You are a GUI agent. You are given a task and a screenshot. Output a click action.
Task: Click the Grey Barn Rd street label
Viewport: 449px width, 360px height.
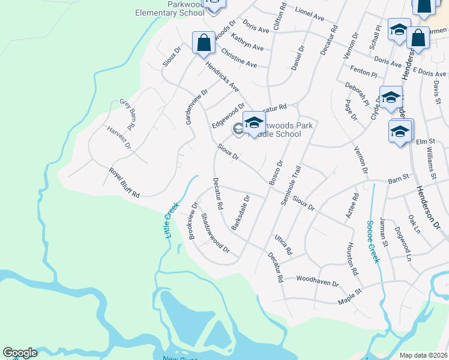pos(128,115)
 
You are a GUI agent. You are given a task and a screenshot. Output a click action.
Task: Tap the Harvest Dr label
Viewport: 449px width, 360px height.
pos(119,137)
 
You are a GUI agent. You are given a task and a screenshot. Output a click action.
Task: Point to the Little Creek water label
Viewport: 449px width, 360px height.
pos(172,218)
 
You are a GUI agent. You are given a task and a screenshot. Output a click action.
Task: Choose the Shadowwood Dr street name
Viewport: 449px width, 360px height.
pos(215,233)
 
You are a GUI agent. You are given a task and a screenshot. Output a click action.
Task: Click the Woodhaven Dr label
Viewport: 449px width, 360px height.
pos(318,280)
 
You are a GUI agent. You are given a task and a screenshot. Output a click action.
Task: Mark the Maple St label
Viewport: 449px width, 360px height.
pos(351,294)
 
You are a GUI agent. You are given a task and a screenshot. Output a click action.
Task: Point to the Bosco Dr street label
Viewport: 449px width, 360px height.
pos(276,172)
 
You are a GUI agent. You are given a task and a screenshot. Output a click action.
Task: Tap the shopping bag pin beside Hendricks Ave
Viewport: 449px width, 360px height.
pos(203,43)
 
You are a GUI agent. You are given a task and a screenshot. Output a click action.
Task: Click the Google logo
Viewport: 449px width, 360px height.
pos(20,353)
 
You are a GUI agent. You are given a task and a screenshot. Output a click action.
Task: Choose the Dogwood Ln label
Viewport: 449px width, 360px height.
pos(402,242)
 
